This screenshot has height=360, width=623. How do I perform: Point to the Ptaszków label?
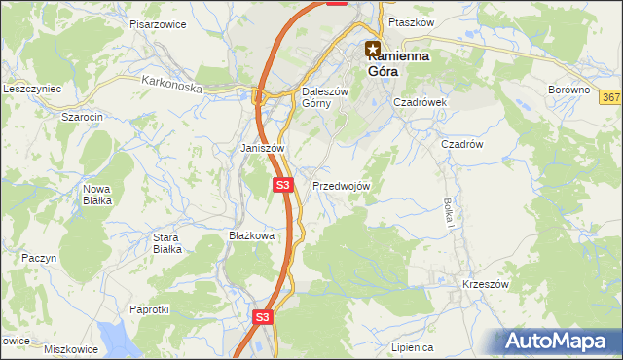(409, 21)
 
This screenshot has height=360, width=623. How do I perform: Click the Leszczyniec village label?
(32, 89)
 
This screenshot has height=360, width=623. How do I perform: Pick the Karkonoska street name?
(171, 86)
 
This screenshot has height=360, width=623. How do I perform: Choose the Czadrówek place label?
(420, 101)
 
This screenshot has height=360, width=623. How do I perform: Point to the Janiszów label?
(262, 148)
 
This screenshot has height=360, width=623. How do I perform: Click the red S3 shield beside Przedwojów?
(282, 184)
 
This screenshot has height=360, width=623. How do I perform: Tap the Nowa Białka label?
(96, 195)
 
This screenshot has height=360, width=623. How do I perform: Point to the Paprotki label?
(150, 309)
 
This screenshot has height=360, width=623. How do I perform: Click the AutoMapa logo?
(560, 342)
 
